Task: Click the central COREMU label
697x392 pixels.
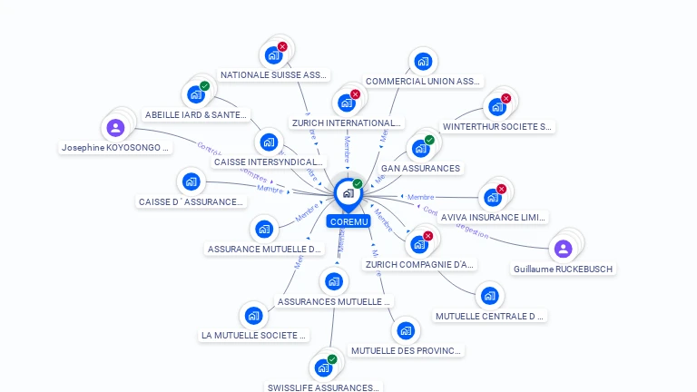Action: tap(348, 221)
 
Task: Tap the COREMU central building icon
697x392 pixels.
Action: tap(348, 193)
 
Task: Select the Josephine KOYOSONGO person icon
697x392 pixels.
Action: tap(115, 128)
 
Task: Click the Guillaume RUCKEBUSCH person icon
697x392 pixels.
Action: tap(563, 249)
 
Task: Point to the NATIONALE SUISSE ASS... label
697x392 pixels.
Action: tap(274, 75)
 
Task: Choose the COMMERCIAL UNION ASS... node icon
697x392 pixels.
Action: tap(422, 62)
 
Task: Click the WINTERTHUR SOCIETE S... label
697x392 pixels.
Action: tap(497, 127)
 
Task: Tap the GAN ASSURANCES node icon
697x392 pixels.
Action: tap(420, 148)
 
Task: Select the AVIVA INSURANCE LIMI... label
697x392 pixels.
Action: tap(493, 218)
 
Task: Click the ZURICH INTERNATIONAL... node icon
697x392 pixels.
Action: tap(347, 103)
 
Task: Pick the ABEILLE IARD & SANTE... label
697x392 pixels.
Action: tap(196, 115)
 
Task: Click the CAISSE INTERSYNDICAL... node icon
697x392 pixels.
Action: tap(268, 142)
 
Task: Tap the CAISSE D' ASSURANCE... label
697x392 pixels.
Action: tap(191, 201)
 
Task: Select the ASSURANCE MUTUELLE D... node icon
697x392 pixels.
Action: tap(263, 229)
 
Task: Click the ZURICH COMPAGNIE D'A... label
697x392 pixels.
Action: tap(419, 265)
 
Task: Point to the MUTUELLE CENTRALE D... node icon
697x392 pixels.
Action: tap(490, 296)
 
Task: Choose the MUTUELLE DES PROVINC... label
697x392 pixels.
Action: tap(406, 350)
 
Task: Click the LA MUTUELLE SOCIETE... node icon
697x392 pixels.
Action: tap(253, 316)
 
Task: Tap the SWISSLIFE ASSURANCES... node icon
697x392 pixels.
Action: tap(323, 368)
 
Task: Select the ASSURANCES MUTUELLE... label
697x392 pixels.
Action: tap(334, 301)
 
